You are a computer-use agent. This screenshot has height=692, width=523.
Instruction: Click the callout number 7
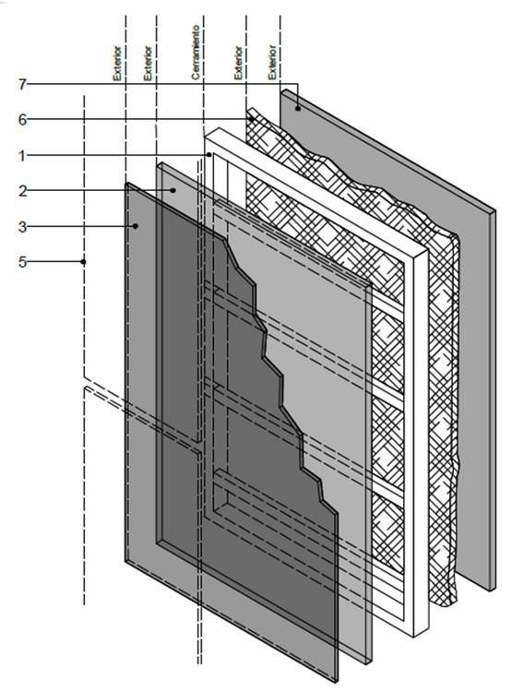coord(22,84)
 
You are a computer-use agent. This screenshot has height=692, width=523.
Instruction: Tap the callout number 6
coord(22,120)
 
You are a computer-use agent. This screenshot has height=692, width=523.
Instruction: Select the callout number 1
coord(22,155)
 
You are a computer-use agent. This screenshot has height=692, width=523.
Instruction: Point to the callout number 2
coord(22,191)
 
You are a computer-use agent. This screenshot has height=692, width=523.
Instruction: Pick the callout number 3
coord(22,227)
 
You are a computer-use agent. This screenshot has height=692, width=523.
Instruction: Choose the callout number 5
coord(22,262)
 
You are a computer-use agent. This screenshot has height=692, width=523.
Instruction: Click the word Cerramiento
coord(196,52)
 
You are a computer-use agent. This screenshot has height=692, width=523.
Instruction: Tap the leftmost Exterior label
coord(117,63)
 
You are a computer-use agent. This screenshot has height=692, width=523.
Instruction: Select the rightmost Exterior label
coord(272,62)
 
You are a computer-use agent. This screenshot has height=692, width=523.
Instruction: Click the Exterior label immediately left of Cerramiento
coord(148,63)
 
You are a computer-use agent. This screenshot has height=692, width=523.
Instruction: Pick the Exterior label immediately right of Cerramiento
coord(238,63)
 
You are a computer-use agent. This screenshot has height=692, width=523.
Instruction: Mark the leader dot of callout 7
coord(298,108)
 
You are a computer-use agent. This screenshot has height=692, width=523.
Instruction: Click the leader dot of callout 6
coord(251,119)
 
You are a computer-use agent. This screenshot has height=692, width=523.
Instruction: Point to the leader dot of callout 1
coord(209,155)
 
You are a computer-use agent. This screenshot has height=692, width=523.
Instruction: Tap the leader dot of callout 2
coord(173,190)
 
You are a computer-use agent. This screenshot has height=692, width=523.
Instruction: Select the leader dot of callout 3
coord(136,226)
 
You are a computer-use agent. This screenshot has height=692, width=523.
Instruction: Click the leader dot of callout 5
coord(83,262)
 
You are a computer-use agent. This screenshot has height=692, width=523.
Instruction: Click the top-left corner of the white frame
coord(205,137)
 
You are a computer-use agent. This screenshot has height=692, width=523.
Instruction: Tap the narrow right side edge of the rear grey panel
coord(493,400)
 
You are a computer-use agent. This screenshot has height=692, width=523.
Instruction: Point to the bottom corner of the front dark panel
coord(336,682)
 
